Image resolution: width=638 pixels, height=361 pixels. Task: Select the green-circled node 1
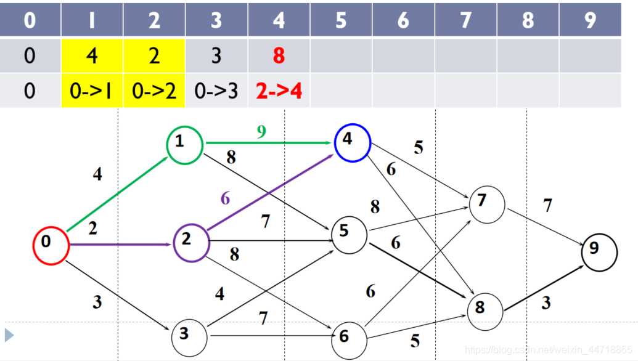click(184, 144)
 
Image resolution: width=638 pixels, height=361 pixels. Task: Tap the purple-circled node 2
click(191, 242)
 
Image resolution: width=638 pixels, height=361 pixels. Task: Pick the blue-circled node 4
click(351, 142)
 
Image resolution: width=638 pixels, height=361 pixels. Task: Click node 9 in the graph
click(599, 252)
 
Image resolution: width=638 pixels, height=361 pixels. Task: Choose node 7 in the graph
click(486, 203)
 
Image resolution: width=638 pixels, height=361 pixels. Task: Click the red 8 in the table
click(279, 57)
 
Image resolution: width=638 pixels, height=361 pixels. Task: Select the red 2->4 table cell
click(279, 91)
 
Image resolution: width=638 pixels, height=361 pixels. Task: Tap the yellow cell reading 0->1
click(92, 91)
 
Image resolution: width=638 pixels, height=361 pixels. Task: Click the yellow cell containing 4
click(92, 57)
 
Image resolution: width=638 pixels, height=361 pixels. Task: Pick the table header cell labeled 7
click(466, 20)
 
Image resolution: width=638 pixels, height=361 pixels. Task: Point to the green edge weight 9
click(262, 132)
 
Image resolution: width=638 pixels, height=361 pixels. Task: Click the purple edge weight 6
click(225, 198)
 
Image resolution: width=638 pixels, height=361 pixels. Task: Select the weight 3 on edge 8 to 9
click(546, 303)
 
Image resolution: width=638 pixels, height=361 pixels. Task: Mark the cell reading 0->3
click(216, 91)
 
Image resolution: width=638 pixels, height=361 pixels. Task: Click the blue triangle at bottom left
click(9, 335)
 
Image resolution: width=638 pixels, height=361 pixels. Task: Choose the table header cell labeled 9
click(591, 20)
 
